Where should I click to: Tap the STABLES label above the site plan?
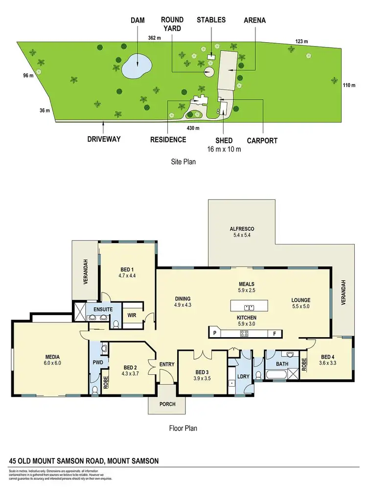click(x=211, y=20)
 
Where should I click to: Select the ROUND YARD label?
click(x=172, y=24)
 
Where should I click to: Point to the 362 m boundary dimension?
click(x=155, y=38)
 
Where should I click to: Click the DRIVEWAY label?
click(x=103, y=139)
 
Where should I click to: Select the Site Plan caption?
click(x=180, y=161)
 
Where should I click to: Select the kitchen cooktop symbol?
click(x=243, y=334)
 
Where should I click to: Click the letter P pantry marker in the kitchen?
click(x=214, y=334)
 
